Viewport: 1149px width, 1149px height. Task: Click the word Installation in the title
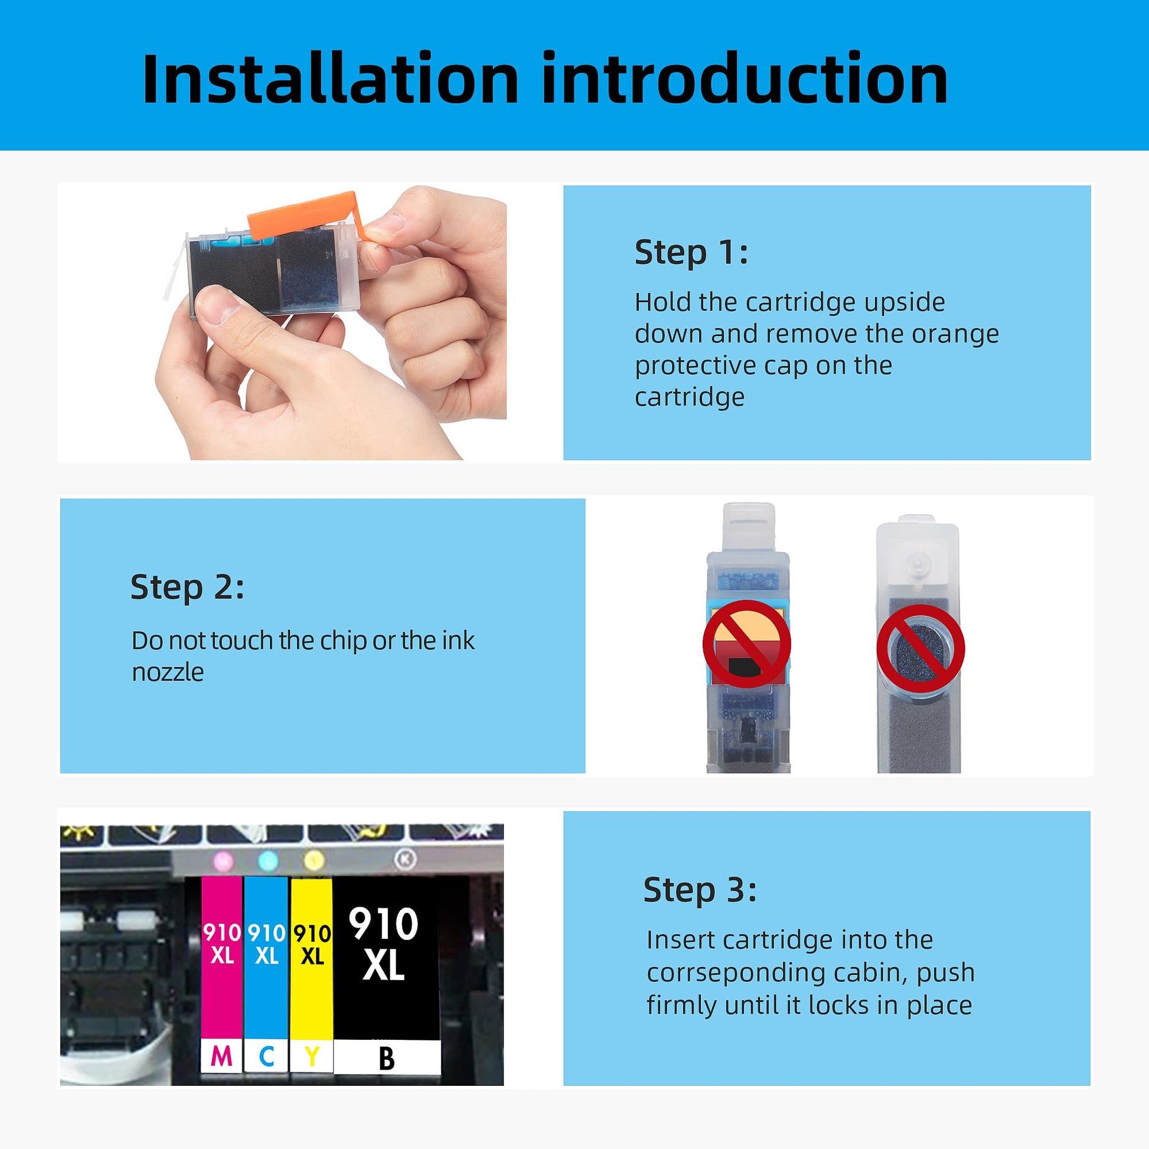click(x=331, y=79)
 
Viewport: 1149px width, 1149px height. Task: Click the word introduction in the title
click(x=745, y=79)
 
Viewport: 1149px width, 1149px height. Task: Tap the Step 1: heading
click(x=691, y=252)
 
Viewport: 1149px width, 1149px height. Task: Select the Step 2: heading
click(x=187, y=587)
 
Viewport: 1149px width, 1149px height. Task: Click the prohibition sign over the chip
click(x=747, y=644)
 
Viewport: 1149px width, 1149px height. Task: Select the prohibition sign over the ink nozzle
click(x=920, y=648)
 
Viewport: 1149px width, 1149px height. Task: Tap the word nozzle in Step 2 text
click(x=168, y=673)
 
